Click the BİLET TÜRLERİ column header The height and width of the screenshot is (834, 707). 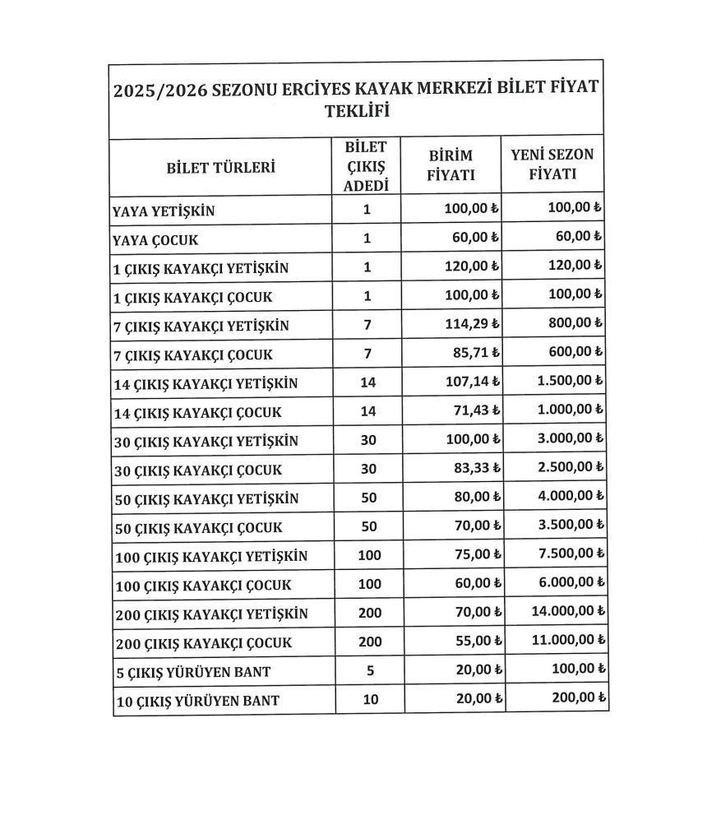(220, 167)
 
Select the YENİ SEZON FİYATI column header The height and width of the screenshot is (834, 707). (552, 164)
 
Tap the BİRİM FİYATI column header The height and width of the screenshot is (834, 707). (452, 165)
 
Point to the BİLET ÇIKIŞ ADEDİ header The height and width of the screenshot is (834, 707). (367, 166)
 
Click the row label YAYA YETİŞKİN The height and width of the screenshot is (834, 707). (163, 211)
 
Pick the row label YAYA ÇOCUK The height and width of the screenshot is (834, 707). (155, 240)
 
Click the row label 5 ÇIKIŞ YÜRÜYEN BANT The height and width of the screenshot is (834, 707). (193, 672)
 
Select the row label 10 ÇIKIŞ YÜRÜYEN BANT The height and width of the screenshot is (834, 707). (196, 701)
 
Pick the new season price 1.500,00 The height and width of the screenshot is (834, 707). (570, 382)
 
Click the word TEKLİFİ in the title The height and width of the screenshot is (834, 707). (357, 111)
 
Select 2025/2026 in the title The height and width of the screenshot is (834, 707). (159, 90)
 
